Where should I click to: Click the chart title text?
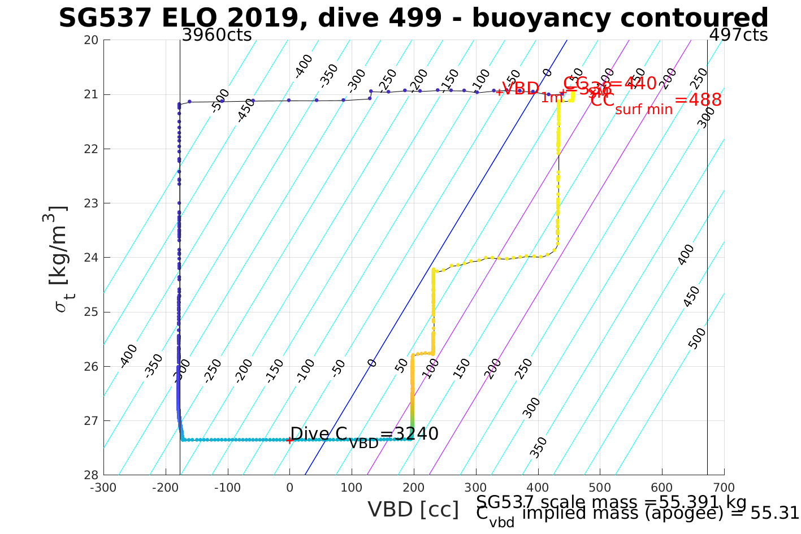(413, 18)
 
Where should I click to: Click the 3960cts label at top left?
(217, 35)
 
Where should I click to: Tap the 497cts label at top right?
(738, 35)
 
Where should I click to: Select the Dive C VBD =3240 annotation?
(364, 435)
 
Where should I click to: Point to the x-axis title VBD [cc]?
(413, 510)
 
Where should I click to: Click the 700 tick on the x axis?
(724, 488)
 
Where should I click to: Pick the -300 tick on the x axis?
(103, 488)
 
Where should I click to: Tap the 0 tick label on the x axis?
(289, 488)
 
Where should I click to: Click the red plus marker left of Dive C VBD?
(289, 440)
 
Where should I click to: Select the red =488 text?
(698, 100)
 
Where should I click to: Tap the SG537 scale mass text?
(611, 502)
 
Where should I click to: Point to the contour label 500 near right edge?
(698, 338)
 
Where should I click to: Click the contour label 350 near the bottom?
(538, 446)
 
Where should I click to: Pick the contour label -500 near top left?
(220, 101)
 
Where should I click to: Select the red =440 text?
(632, 84)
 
